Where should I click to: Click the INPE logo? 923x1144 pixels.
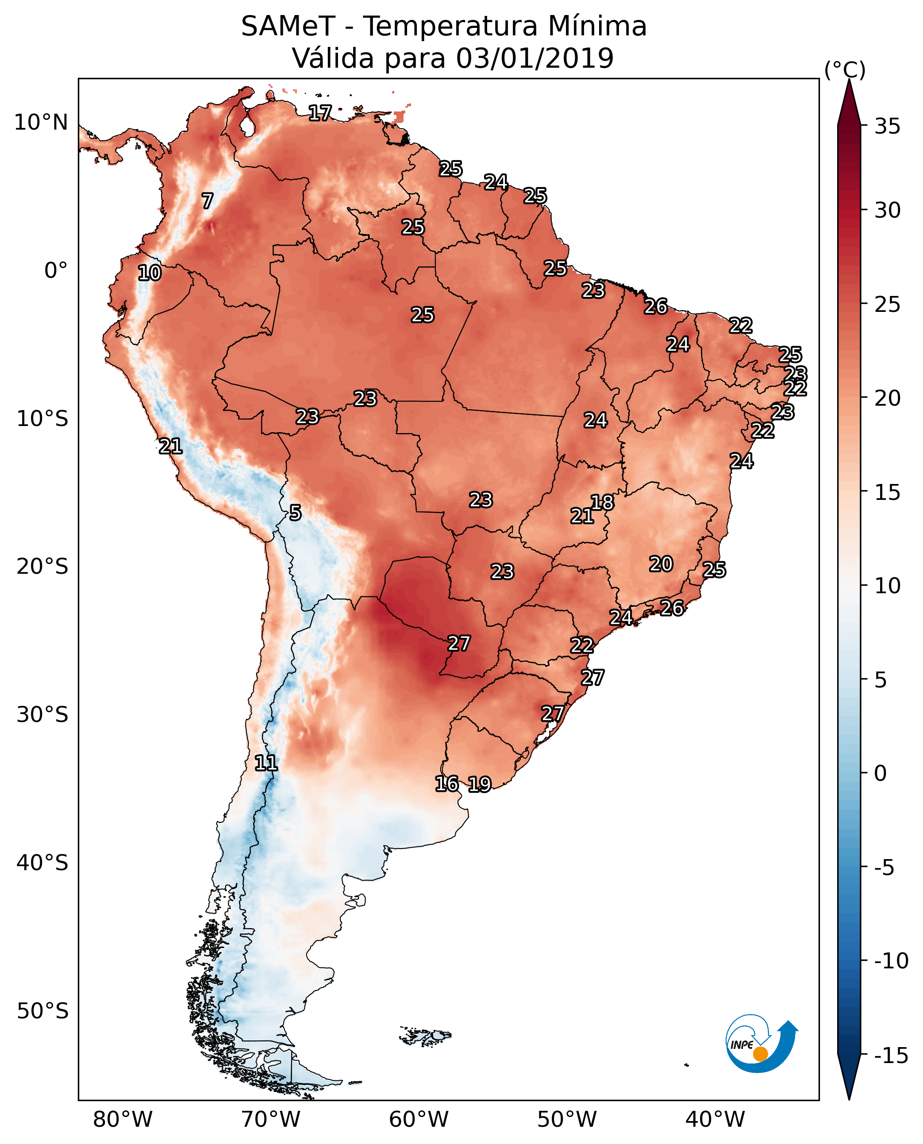coord(761,1044)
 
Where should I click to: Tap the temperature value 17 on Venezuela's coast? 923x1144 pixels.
coord(320,113)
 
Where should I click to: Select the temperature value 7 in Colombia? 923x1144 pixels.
coord(208,201)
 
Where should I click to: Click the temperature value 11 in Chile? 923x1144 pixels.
coord(266,764)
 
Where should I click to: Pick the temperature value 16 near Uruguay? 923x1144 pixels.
coord(446,783)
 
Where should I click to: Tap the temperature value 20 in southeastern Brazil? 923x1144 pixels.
coord(661,564)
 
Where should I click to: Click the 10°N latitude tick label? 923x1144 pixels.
coord(41,123)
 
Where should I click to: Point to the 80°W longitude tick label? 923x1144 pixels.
coord(123,1119)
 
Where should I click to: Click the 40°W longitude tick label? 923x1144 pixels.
coord(715,1119)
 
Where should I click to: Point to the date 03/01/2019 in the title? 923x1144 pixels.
coord(535,58)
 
